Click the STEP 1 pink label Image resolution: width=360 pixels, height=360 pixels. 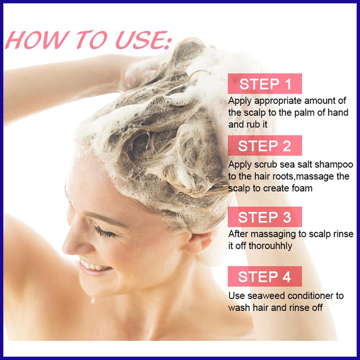coord(265,84)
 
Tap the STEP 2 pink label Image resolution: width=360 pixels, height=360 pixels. coord(265,146)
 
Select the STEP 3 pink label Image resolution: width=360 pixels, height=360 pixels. coord(265,217)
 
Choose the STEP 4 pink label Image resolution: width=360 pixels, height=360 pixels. coord(265,276)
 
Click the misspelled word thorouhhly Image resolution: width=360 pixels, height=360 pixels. coord(270,246)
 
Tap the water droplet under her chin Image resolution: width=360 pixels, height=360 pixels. coord(93,300)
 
